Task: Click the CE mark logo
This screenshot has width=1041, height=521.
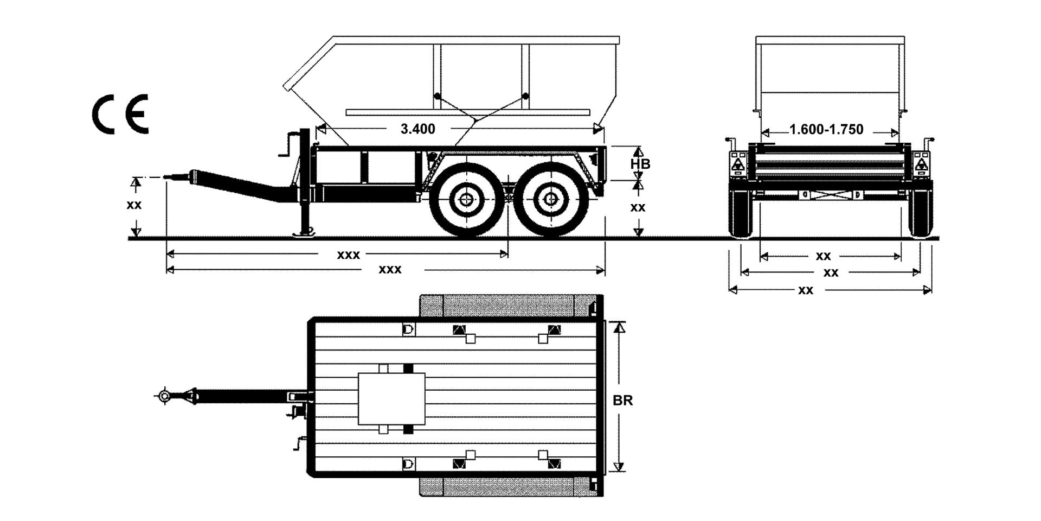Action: pos(120,114)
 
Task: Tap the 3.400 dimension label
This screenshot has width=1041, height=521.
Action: pos(417,129)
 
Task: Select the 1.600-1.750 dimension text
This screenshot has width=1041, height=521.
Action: pos(826,130)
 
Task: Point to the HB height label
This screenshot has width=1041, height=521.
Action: pos(640,164)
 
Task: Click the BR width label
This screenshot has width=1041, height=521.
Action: pos(622,401)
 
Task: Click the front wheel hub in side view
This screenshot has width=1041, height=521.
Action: pos(465,200)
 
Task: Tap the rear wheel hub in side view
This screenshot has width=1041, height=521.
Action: pos(551,200)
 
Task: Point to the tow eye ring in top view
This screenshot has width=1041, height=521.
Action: pos(164,396)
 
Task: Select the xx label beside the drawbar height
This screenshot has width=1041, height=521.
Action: pos(134,205)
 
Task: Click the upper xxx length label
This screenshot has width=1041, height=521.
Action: pos(348,255)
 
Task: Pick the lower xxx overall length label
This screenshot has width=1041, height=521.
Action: pos(390,270)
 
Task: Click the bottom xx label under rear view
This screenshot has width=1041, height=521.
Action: pos(806,290)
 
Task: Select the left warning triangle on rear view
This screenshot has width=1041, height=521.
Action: pos(738,165)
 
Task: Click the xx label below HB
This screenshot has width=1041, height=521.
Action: pos(638,207)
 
